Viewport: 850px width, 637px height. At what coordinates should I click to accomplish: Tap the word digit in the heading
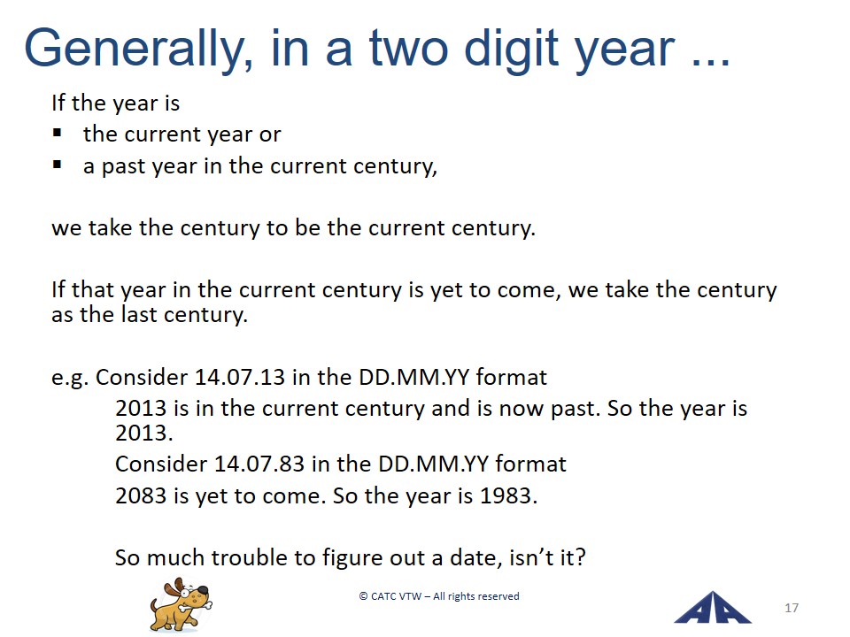pos(511,49)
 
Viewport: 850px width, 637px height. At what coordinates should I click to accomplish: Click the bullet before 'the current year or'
pos(57,133)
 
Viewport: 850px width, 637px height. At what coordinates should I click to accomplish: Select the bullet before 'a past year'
pos(57,165)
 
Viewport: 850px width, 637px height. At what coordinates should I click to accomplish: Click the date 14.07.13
pos(239,377)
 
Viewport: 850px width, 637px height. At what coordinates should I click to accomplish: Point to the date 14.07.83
pos(259,464)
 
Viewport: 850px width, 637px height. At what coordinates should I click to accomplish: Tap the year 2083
pos(141,495)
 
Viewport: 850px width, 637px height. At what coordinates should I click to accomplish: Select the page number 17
pos(792,608)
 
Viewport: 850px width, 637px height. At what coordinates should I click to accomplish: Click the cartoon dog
pos(181,604)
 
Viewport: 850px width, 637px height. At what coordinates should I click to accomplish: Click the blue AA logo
pos(712,607)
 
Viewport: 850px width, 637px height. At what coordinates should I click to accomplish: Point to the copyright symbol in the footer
pos(363,596)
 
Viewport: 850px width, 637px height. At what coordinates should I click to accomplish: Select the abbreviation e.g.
pos(70,378)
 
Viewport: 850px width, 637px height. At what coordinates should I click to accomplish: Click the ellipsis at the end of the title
pos(711,62)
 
